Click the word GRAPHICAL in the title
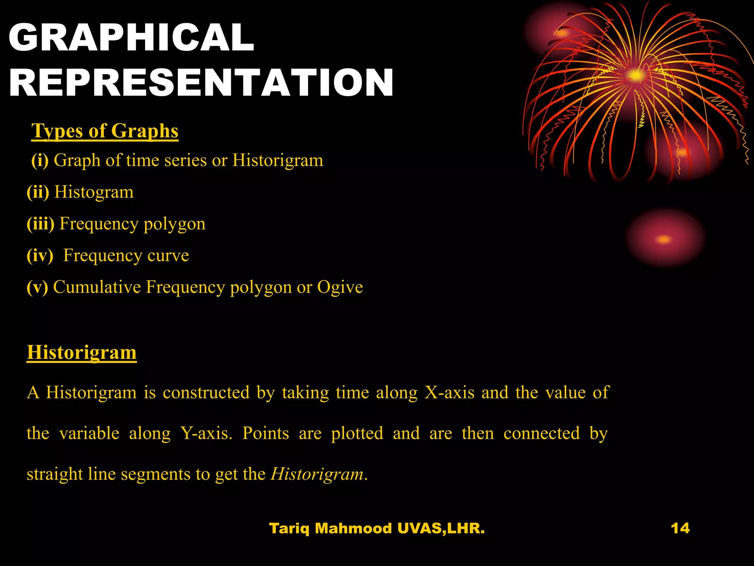(x=131, y=37)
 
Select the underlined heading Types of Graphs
(x=105, y=131)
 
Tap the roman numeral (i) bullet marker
(x=40, y=160)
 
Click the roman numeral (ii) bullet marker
(x=38, y=192)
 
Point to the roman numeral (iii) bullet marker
(x=40, y=224)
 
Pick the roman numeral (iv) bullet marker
(x=40, y=255)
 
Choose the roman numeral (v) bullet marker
(x=37, y=287)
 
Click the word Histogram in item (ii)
(x=94, y=192)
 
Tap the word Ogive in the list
(x=340, y=287)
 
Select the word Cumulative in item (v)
(x=97, y=287)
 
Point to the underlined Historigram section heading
(x=82, y=352)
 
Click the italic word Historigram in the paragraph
(x=317, y=474)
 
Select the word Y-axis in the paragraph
(x=206, y=433)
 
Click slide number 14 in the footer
(x=680, y=528)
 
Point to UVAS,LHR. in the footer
(x=441, y=528)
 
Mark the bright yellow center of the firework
(x=635, y=76)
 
